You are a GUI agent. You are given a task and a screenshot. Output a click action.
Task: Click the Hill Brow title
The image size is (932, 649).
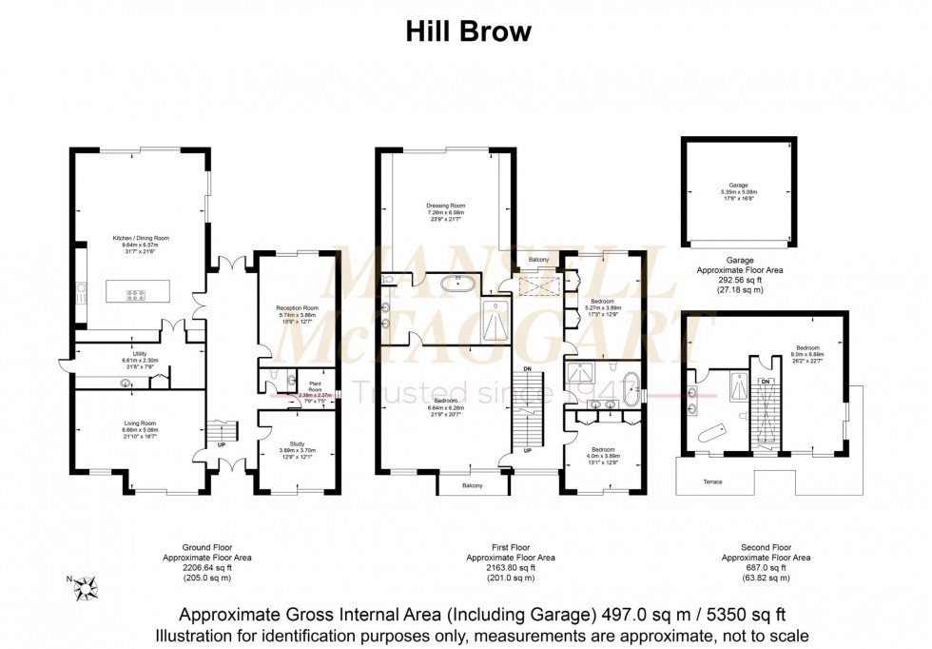(x=469, y=31)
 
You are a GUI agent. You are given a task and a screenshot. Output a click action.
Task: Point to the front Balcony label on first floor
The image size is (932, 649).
(x=472, y=486)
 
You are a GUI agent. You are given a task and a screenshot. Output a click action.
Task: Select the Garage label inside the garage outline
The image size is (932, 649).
(x=739, y=185)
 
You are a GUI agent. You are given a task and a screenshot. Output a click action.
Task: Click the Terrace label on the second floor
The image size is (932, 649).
(x=712, y=482)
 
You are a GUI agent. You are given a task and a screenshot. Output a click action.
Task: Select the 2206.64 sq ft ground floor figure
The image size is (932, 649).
(x=206, y=568)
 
